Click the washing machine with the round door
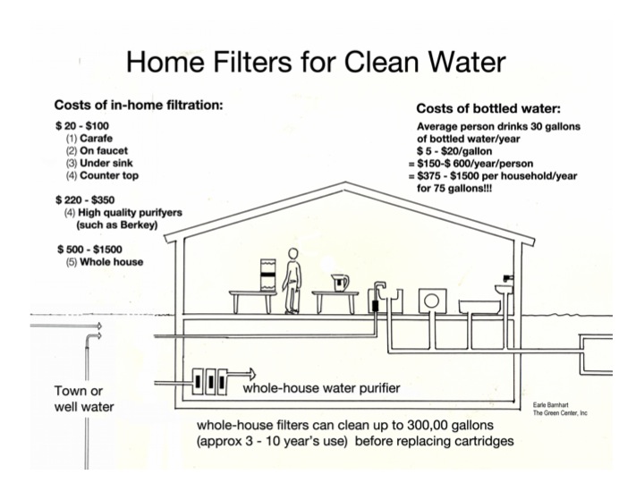429,301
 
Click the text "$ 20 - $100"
80,129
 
